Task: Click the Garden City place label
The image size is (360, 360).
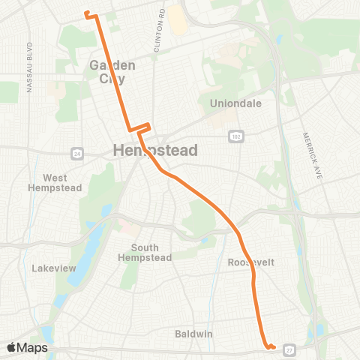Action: coord(112,71)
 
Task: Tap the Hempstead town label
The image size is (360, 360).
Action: coord(155,151)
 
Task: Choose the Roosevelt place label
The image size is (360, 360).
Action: coord(248,262)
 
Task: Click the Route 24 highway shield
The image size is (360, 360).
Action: coord(77,153)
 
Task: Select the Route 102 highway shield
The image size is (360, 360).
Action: coord(235,135)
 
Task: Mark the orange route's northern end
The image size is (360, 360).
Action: coord(86,13)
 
